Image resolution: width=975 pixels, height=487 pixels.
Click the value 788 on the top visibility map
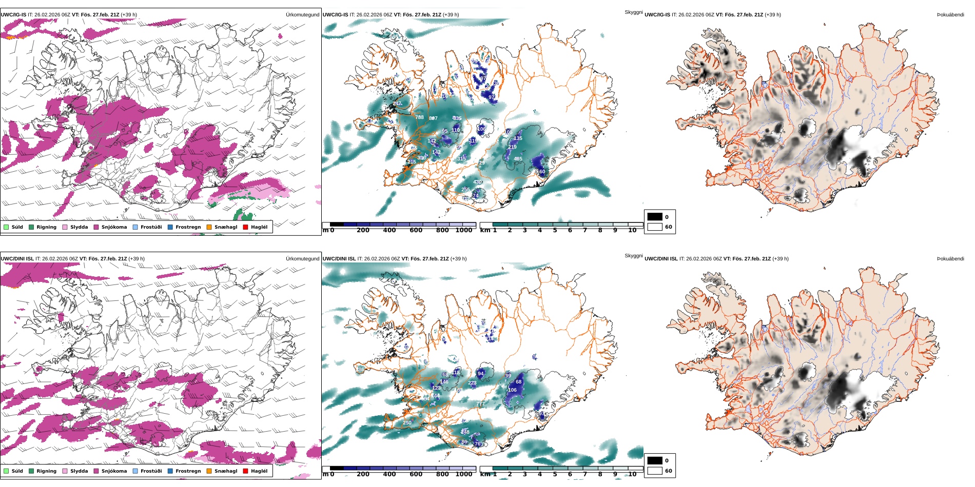[419, 117]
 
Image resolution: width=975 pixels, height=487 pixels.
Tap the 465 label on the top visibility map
[518, 159]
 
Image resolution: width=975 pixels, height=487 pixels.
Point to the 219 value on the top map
[512, 147]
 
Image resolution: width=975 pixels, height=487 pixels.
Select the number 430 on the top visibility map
[477, 182]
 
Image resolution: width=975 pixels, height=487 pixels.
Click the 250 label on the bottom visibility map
[407, 423]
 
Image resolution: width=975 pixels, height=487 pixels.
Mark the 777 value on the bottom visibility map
[480, 404]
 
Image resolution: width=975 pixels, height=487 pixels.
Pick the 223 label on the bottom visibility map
[472, 383]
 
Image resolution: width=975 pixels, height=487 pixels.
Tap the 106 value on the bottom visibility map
[512, 390]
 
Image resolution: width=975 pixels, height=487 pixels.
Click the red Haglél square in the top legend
[245, 227]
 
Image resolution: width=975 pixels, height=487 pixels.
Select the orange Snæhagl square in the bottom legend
[209, 471]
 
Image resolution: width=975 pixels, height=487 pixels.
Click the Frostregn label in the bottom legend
[188, 471]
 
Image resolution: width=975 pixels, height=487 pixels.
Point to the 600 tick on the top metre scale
[416, 230]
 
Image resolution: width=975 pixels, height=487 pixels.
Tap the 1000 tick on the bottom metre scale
[463, 474]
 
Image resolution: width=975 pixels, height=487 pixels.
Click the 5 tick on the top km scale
[555, 230]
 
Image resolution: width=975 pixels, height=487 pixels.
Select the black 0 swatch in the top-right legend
[655, 217]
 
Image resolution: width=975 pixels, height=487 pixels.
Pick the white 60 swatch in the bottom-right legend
[655, 471]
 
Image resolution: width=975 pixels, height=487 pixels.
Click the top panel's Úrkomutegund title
[302, 15]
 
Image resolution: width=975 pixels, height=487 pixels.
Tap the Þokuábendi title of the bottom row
[950, 259]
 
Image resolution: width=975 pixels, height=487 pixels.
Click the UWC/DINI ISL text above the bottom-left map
[17, 259]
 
